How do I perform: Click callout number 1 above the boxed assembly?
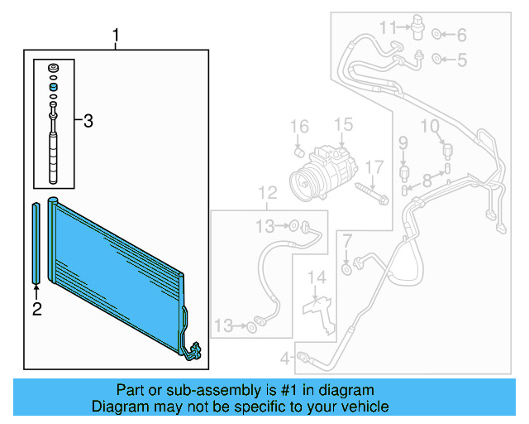click(x=117, y=36)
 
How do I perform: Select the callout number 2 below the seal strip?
click(x=36, y=310)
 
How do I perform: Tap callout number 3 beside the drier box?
click(x=88, y=122)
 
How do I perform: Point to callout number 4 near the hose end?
click(x=284, y=359)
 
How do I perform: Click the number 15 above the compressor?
click(x=343, y=125)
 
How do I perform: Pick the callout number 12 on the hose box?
click(x=266, y=194)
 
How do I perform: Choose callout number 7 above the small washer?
click(x=347, y=242)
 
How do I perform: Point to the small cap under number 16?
click(x=301, y=152)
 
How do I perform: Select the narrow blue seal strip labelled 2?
click(x=36, y=240)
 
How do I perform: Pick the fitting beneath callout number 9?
click(x=405, y=172)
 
